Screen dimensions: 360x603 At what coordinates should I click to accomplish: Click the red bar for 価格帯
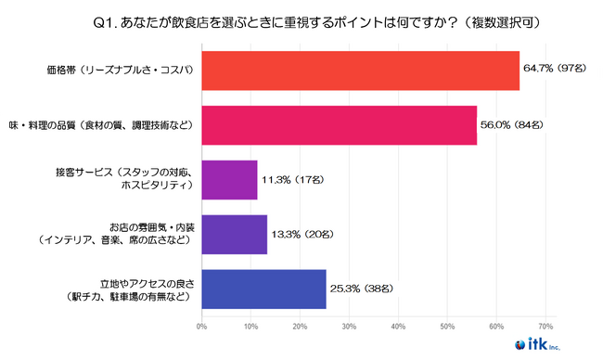tap(360, 71)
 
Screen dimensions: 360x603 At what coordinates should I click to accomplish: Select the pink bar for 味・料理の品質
tap(339, 125)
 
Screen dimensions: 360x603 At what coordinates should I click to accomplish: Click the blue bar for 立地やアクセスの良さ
tap(263, 289)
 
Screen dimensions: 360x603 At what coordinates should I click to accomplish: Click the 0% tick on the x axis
tap(202, 327)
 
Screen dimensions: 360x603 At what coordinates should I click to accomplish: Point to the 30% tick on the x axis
tap(350, 327)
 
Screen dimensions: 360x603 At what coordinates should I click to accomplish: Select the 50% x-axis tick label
tap(448, 327)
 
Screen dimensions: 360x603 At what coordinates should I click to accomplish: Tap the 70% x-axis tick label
tap(545, 327)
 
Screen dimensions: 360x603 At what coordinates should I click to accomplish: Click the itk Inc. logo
tap(558, 344)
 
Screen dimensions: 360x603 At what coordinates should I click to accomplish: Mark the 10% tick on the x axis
tap(251, 327)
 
